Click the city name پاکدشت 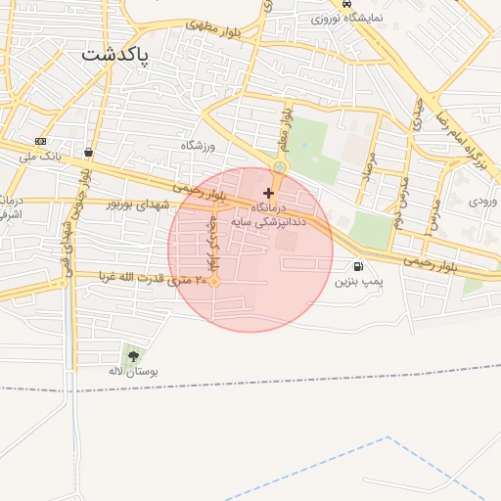tap(115, 55)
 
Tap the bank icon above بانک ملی tap(40, 141)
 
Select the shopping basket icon tap(89, 153)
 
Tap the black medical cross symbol tap(269, 193)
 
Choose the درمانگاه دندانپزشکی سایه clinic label tap(267, 215)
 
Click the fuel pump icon tap(358, 266)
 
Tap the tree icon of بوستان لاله tap(132, 356)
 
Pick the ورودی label tap(482, 201)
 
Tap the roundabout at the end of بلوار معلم tap(281, 167)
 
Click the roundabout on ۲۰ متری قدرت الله tap(214, 282)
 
